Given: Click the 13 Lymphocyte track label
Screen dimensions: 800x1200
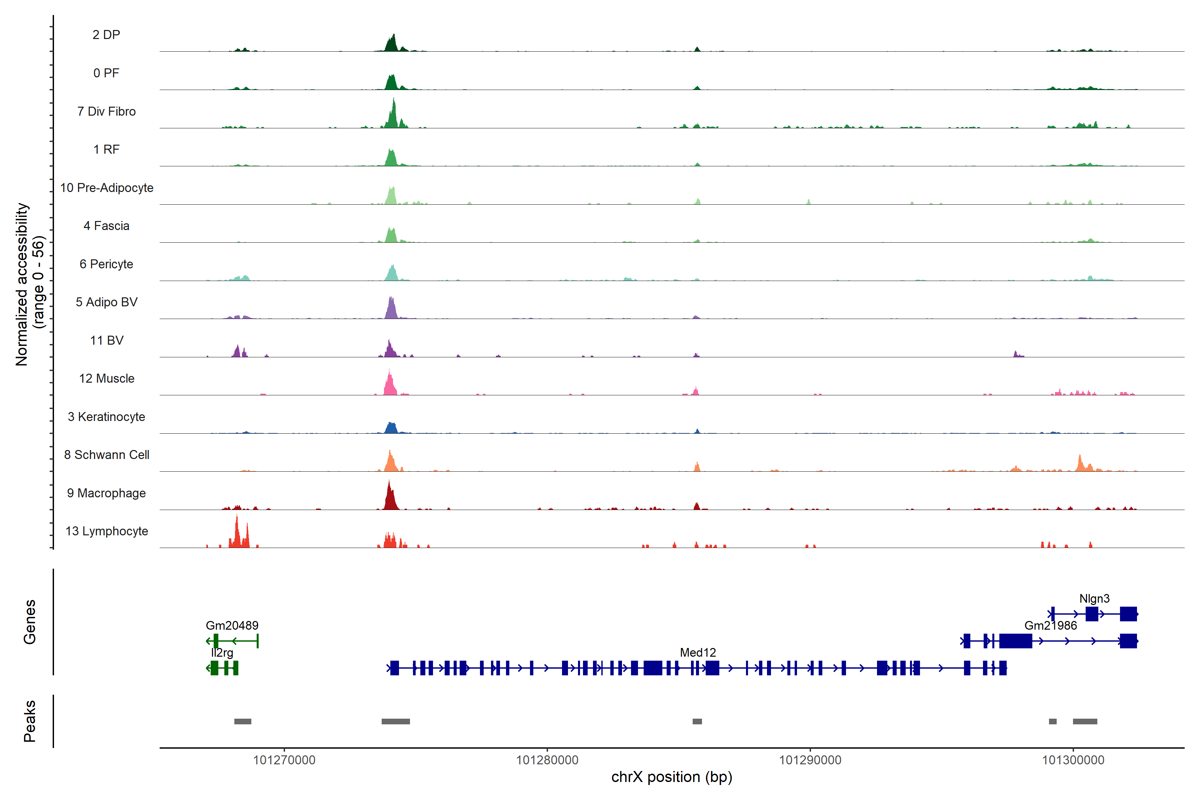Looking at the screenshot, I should tap(107, 531).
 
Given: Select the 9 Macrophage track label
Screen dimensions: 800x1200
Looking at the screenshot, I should tap(107, 493).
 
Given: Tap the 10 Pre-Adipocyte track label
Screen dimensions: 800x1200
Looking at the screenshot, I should tap(107, 188).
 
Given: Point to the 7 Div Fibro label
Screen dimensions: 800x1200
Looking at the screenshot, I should tap(107, 111).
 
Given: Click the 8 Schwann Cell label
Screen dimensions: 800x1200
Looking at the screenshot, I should tap(107, 455).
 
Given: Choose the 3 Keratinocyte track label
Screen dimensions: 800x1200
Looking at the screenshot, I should tap(107, 417).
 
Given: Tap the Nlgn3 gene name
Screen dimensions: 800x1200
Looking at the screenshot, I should tap(1094, 598).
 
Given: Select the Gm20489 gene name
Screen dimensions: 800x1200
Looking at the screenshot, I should tap(232, 626).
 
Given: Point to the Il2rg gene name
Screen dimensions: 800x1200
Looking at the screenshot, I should tap(222, 653).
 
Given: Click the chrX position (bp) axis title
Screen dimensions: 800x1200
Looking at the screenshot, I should tap(671, 777).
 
